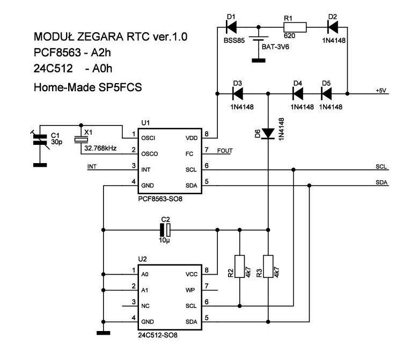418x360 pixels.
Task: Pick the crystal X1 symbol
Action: [x=80, y=139]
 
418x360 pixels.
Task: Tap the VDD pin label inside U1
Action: [x=192, y=138]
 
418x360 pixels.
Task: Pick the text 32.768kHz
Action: [x=100, y=148]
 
